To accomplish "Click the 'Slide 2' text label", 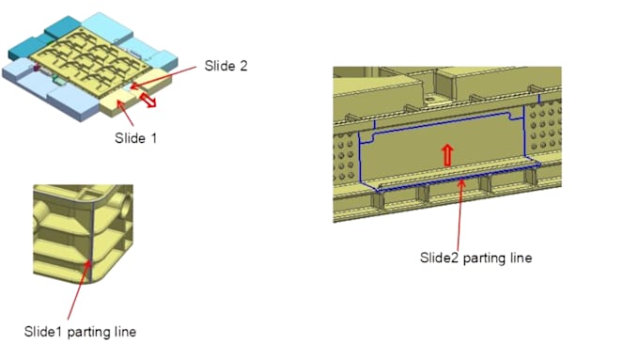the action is [226, 66].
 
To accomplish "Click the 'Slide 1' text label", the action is [135, 138].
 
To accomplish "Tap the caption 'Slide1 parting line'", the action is [80, 332].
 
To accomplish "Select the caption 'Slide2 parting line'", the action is [475, 258].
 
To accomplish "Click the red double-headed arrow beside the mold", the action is [148, 100].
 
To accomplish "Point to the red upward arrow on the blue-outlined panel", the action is [447, 155].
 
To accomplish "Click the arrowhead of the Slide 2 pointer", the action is [134, 86].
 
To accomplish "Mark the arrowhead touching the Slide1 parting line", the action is [88, 264].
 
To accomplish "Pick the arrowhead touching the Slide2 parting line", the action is [461, 182].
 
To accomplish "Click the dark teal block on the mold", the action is [62, 27].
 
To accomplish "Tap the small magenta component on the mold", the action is [37, 68].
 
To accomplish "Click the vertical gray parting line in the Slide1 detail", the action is [92, 241].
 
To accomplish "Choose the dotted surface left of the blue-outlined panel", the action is [346, 158].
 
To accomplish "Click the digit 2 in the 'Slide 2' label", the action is [243, 66].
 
